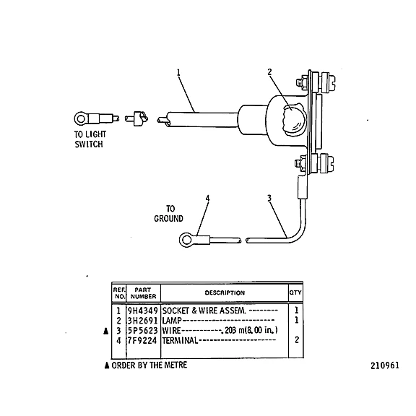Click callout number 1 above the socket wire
(178, 72)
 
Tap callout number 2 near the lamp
(269, 72)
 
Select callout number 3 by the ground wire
(269, 198)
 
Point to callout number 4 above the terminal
(207, 198)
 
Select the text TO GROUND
(169, 214)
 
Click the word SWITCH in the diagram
(89, 144)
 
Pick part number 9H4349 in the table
(143, 311)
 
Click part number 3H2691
(143, 321)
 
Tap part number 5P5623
(143, 330)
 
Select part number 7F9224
(142, 340)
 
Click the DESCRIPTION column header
(225, 293)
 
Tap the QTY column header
(295, 292)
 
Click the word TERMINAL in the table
(180, 340)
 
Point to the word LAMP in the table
(172, 321)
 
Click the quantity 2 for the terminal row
(297, 340)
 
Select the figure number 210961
(385, 365)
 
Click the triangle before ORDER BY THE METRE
(107, 365)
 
